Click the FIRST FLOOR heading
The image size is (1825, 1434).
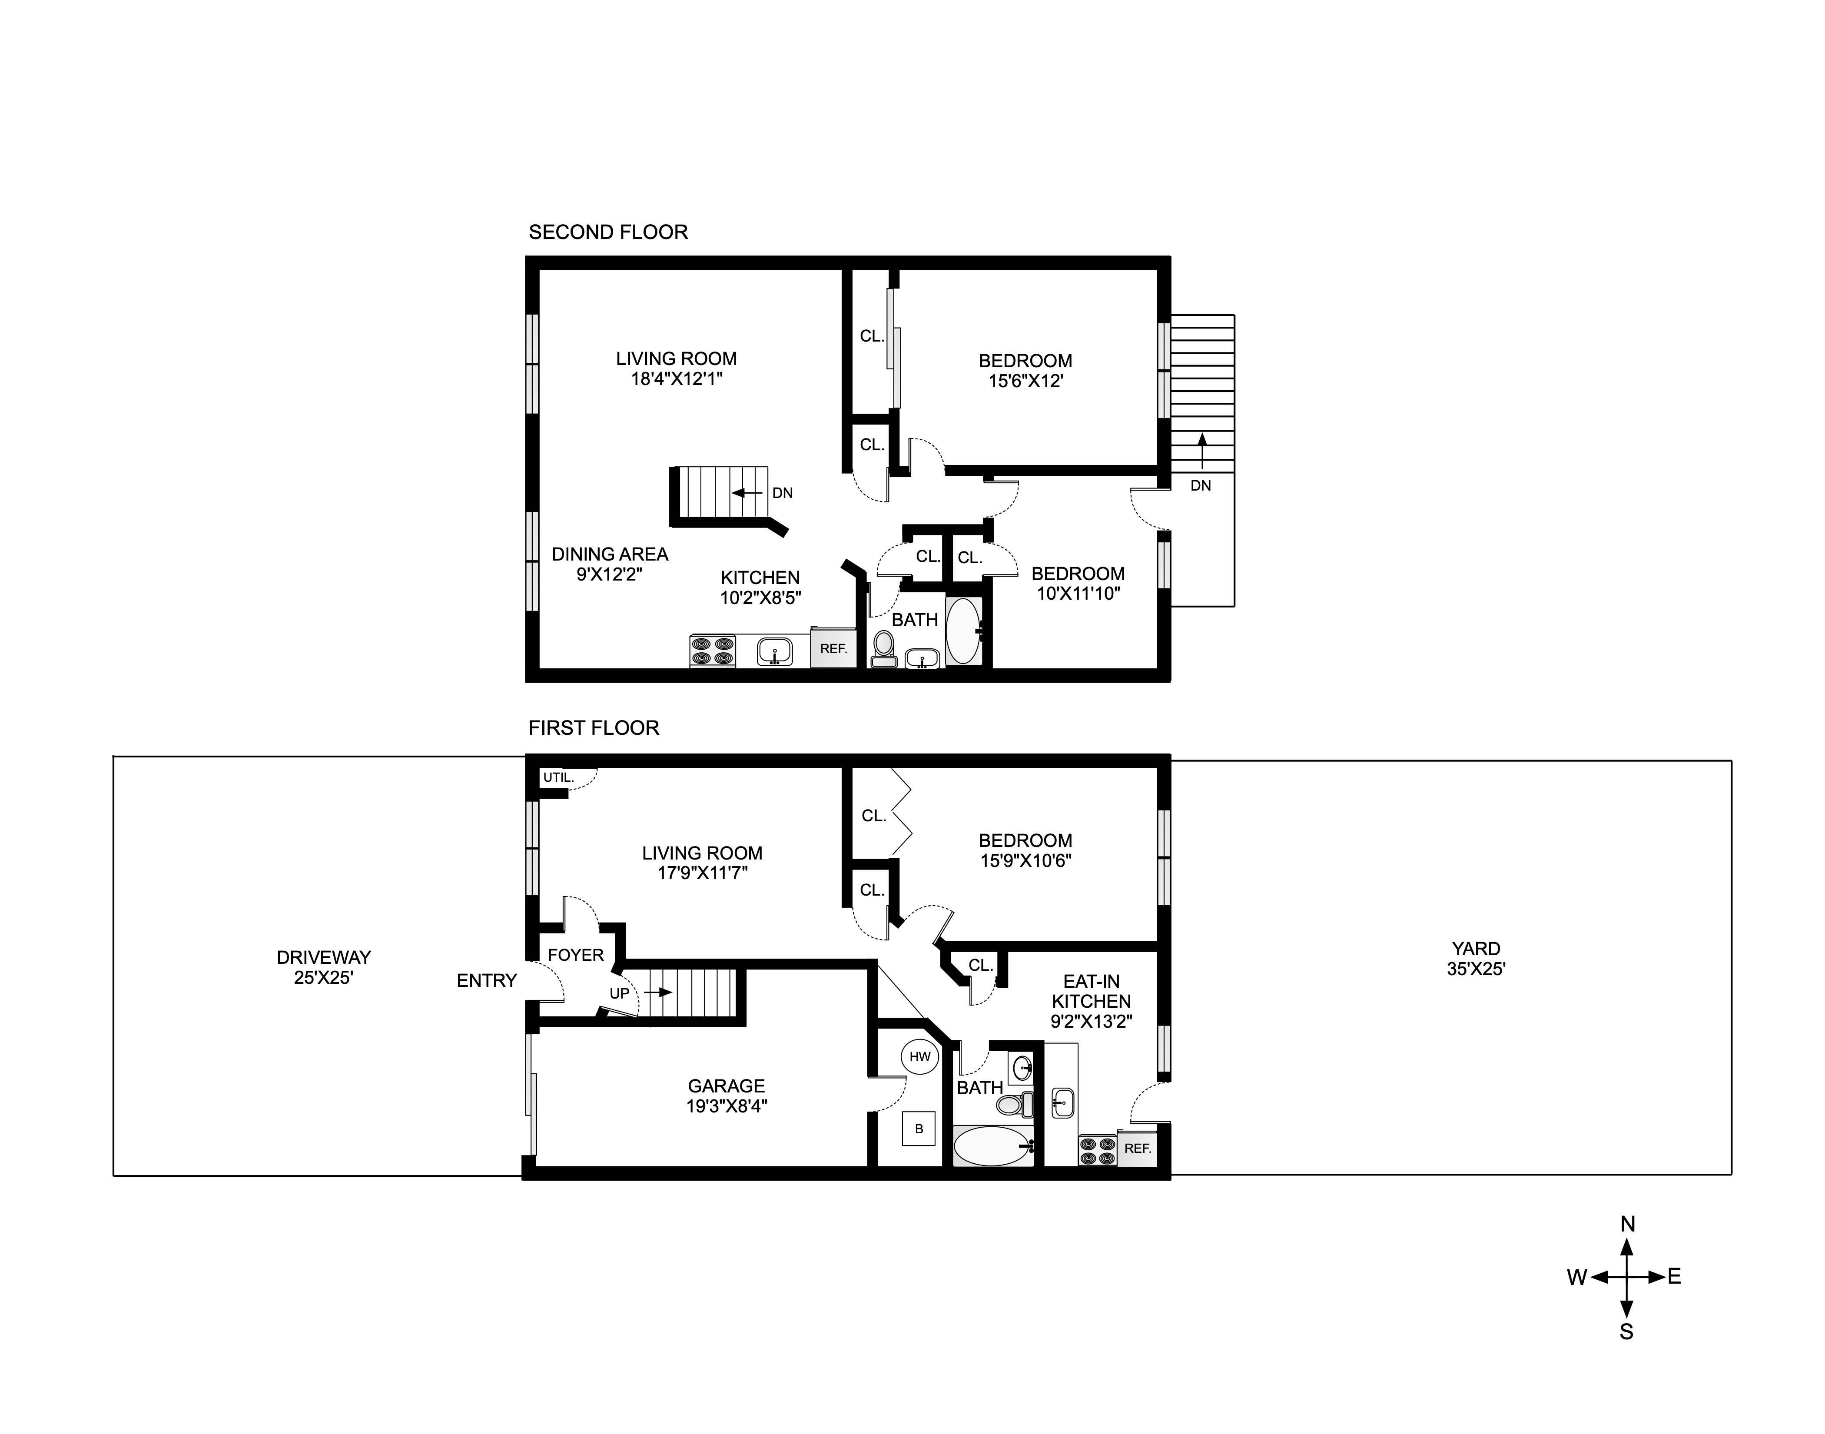(594, 728)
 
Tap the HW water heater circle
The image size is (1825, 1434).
(919, 1056)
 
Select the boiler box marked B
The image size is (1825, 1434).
(919, 1129)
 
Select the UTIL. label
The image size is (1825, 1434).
(558, 777)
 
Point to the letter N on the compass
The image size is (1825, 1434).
(1627, 1224)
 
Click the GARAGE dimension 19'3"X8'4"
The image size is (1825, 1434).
(726, 1106)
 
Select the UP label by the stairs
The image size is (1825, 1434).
(619, 993)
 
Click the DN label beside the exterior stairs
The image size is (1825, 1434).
(1201, 485)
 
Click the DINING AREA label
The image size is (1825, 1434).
(610, 554)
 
